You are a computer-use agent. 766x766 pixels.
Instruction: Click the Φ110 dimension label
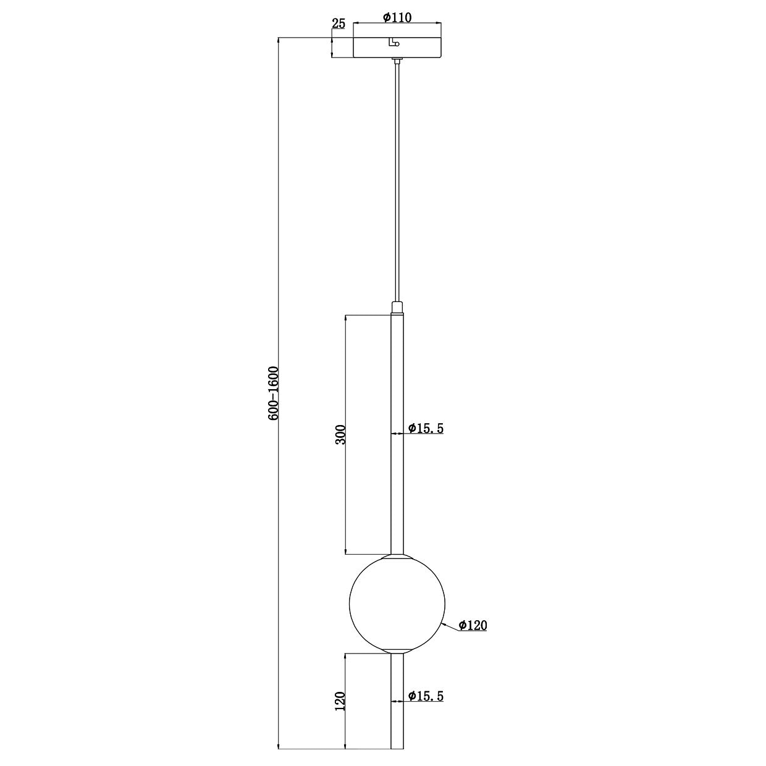397,17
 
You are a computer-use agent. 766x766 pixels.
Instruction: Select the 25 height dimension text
339,24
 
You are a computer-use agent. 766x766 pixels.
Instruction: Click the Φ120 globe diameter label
473,626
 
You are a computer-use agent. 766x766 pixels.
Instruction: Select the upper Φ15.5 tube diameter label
426,428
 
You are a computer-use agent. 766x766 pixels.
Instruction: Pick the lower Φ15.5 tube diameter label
426,696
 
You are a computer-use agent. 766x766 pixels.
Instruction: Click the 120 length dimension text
339,701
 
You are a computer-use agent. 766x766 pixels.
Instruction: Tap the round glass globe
397,602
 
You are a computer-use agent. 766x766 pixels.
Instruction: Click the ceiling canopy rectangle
420,48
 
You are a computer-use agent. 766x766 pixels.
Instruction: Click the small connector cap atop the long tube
397,307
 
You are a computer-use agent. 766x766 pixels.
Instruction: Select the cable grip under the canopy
397,61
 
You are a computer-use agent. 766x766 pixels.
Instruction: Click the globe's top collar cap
397,557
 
